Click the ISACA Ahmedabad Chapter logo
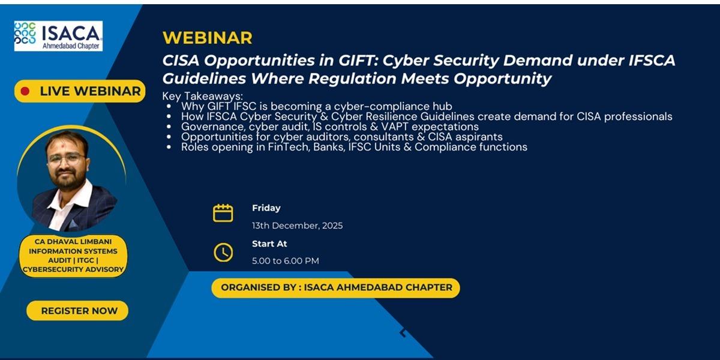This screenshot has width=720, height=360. coord(58,36)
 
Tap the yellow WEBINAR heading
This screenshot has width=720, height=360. coord(208,38)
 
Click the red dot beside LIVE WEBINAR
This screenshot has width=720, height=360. coord(25,91)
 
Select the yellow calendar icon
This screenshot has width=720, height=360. coord(223,213)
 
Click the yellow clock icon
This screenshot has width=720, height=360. coord(223,253)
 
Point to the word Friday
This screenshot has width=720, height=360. coord(266,208)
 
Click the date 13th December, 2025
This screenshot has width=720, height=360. coord(298,226)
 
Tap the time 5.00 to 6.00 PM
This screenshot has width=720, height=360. coord(286,260)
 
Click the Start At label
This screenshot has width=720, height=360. coord(269,244)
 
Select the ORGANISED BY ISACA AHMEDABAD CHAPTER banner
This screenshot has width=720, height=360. coord(335,287)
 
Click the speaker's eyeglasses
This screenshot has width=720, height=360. coord(67,159)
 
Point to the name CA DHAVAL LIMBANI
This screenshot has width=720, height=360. coord(73,241)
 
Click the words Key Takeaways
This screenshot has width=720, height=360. coord(203,96)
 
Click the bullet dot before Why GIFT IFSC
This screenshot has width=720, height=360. coord(169,106)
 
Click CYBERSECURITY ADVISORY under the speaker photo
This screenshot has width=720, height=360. coord(73,269)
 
